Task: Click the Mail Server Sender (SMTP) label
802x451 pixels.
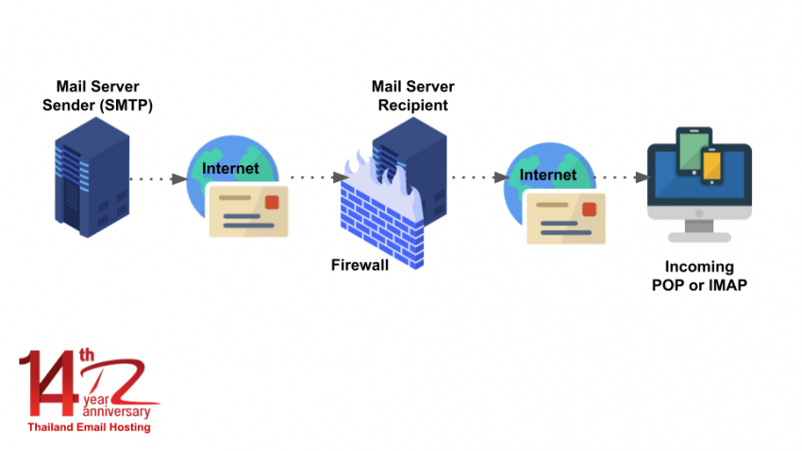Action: pos(98,96)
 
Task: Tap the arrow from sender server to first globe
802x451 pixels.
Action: pos(157,178)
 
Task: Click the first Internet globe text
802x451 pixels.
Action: pos(230,169)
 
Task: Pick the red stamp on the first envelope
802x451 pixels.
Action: pos(272,202)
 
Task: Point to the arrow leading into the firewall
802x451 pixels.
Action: pos(316,177)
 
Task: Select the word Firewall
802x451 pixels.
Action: pos(359,265)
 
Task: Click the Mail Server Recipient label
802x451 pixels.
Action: pos(412,96)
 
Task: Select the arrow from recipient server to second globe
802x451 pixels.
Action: pos(477,177)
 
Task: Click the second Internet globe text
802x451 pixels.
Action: pos(548,175)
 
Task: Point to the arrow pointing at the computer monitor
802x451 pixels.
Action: pos(623,177)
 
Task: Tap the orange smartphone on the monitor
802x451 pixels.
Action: pos(712,166)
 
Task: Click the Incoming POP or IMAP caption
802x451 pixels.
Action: pos(699,276)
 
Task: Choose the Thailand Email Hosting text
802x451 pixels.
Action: pos(89,426)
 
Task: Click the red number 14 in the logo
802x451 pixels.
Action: pos(47,383)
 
